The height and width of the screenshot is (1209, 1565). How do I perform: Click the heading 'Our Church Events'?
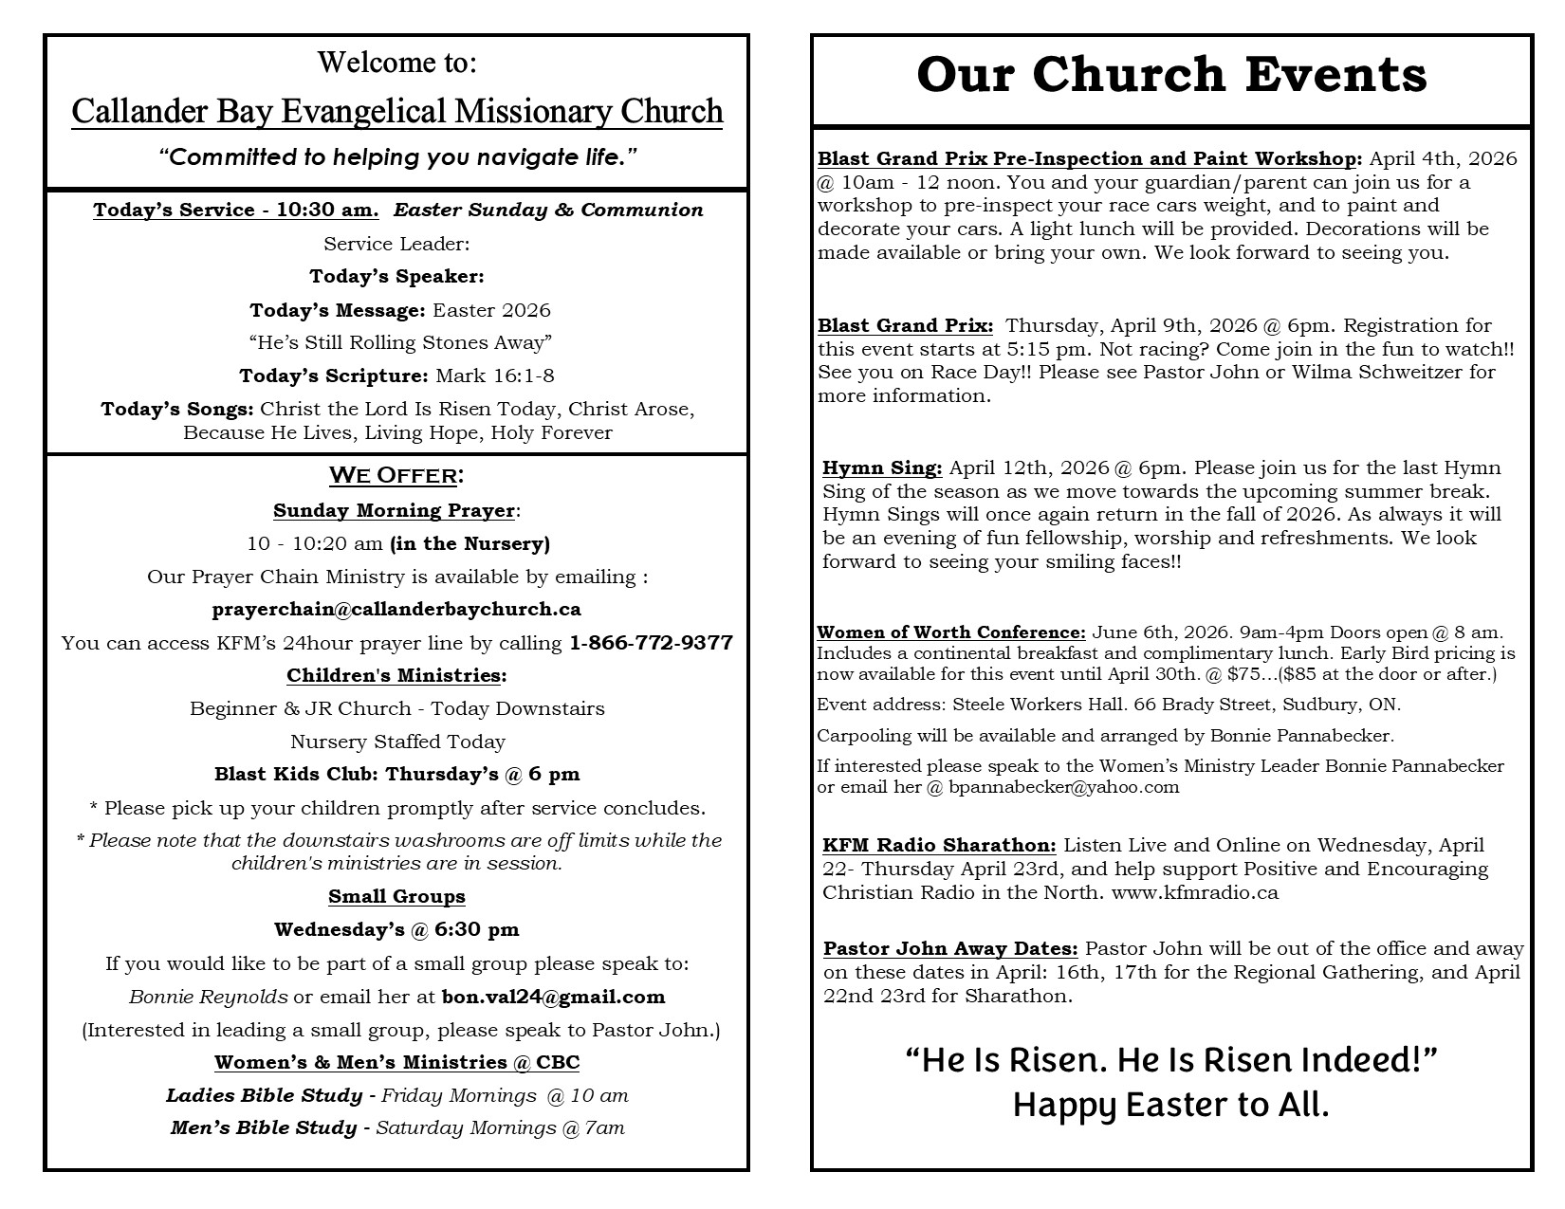click(1171, 75)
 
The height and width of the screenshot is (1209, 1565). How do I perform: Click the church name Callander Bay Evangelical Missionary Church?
click(396, 112)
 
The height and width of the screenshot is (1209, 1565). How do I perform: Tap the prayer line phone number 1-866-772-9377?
click(651, 643)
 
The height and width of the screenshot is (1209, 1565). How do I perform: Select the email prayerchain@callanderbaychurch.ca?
click(396, 609)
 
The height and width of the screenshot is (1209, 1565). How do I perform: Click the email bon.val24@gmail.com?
click(553, 997)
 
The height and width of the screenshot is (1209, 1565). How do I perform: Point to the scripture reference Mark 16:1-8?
click(494, 376)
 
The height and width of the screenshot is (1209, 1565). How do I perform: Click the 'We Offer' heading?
click(396, 474)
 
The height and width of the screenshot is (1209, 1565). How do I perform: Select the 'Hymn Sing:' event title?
click(882, 467)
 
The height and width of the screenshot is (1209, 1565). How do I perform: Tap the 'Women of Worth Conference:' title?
click(951, 632)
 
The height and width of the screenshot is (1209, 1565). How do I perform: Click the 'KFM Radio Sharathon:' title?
click(939, 845)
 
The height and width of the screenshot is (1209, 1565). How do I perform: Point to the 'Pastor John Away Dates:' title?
click(950, 948)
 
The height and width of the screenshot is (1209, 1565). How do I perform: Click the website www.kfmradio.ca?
click(1194, 892)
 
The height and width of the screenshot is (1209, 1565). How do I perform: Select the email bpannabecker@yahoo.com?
click(1063, 787)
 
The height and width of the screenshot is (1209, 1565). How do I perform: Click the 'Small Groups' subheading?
click(396, 896)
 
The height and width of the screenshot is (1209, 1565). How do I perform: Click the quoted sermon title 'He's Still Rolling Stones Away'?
click(396, 342)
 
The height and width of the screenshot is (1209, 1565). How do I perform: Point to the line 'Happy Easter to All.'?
click(1171, 1105)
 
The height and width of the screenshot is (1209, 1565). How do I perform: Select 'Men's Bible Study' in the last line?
click(264, 1127)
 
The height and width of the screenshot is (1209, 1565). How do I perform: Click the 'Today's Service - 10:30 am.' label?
click(236, 210)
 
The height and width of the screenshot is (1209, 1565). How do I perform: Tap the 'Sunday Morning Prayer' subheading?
click(394, 510)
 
